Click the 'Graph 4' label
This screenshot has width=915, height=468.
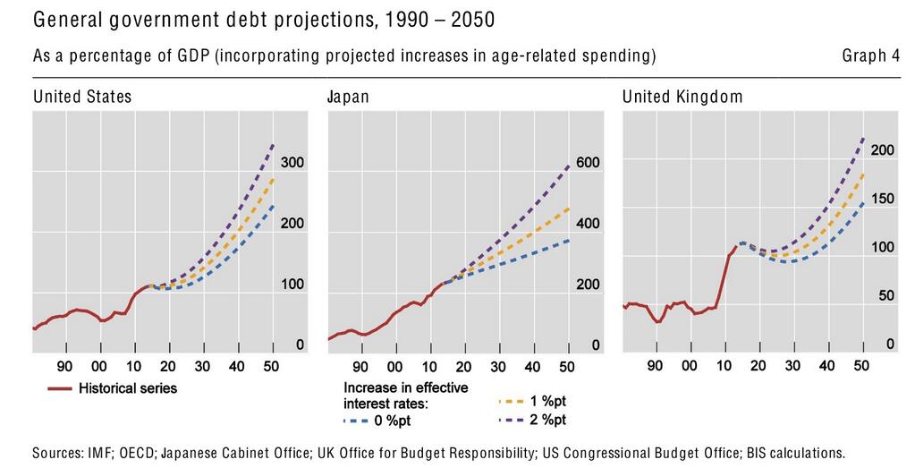[x=870, y=56]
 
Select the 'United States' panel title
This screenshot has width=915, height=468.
[x=82, y=97]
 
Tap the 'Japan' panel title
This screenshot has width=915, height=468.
[x=349, y=97]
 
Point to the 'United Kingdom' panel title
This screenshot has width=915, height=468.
[x=682, y=97]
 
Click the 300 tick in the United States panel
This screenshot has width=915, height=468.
[x=292, y=163]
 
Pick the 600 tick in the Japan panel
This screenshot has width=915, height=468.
[x=587, y=163]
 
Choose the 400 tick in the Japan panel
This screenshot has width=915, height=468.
[x=587, y=224]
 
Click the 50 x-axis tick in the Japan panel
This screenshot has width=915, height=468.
[x=566, y=366]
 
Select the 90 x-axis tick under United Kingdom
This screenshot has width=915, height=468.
[x=655, y=366]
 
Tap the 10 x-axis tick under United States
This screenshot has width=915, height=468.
[x=133, y=366]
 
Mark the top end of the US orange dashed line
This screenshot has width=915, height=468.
[x=273, y=179]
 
